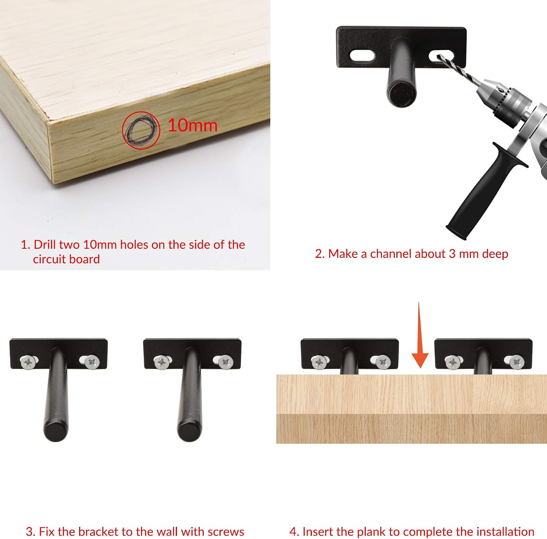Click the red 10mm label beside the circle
[x=193, y=125]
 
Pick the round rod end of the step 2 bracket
[x=401, y=94]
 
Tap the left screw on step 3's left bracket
[x=28, y=362]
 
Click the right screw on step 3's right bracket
[x=226, y=362]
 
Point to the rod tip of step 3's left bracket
[x=56, y=431]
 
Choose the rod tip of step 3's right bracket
[x=190, y=431]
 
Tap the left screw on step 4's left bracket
[x=319, y=362]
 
